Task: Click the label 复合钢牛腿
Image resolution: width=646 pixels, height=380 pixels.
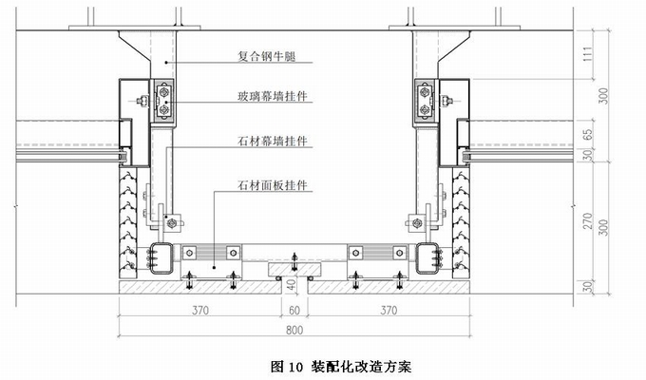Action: point(267,57)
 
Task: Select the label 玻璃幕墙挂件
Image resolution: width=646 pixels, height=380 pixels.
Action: point(277,96)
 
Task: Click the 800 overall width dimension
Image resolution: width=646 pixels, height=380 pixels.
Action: point(295,332)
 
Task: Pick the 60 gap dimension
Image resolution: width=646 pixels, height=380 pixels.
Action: point(295,312)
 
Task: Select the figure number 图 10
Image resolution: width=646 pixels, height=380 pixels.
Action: point(286,366)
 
